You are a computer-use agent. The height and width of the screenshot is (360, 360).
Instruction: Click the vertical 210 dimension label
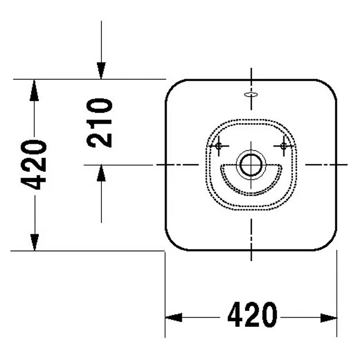tap(99, 123)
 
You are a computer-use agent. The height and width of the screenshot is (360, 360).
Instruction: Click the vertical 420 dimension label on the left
tap(34, 165)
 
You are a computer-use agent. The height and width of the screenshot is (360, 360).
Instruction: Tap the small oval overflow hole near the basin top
tap(251, 94)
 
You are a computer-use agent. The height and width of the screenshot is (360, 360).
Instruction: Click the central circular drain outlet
tap(251, 164)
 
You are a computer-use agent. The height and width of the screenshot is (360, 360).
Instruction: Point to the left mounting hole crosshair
tap(218, 145)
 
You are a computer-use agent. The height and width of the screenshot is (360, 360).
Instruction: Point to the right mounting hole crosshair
tap(284, 145)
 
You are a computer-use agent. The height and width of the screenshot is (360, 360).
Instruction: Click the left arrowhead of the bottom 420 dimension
tap(174, 318)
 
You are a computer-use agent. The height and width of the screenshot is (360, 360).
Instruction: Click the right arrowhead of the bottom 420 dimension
tap(329, 318)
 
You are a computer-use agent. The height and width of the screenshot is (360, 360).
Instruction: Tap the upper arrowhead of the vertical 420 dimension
tap(34, 90)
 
